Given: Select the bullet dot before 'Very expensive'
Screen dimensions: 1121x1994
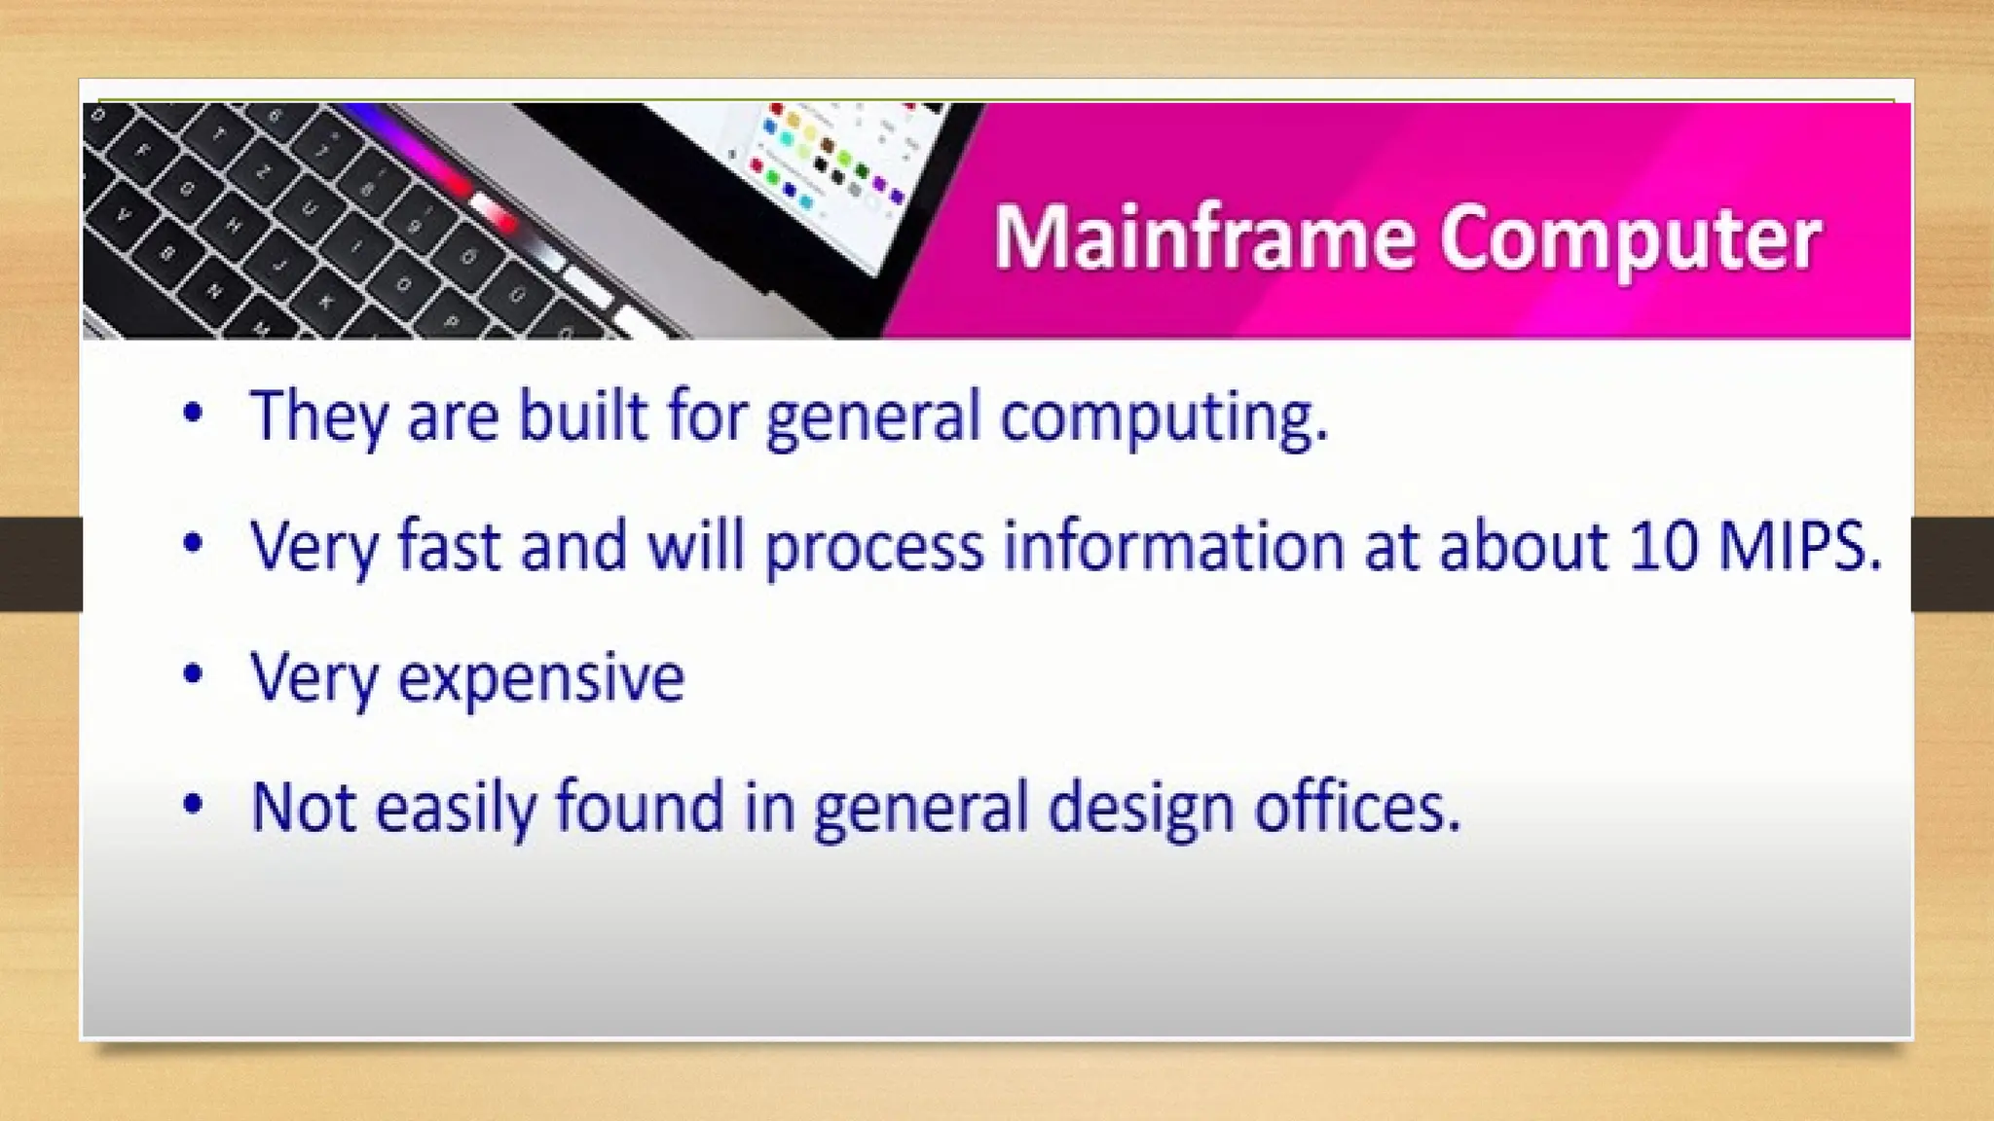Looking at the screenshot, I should (193, 673).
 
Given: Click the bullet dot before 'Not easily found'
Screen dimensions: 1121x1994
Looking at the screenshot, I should (193, 804).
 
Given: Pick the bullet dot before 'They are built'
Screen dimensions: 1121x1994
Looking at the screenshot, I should (193, 413).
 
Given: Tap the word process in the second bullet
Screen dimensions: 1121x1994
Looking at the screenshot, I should (873, 548).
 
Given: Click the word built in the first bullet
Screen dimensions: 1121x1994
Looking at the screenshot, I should (581, 416).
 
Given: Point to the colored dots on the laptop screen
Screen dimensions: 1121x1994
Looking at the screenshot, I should (818, 156).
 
